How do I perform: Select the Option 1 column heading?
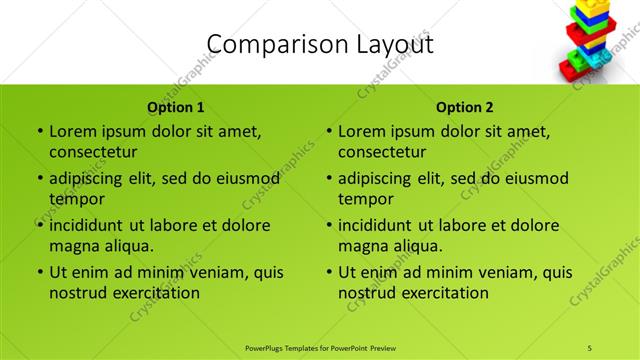pyautogui.click(x=176, y=107)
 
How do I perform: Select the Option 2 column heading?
pyautogui.click(x=465, y=107)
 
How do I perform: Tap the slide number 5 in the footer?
pyautogui.click(x=589, y=347)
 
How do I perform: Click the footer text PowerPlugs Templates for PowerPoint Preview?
pyautogui.click(x=320, y=347)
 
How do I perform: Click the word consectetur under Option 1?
pyautogui.click(x=93, y=152)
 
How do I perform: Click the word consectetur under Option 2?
pyautogui.click(x=382, y=152)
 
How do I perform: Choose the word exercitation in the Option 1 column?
pyautogui.click(x=156, y=293)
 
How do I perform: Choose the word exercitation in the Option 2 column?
pyautogui.click(x=445, y=293)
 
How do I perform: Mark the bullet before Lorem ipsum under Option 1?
pyautogui.click(x=38, y=131)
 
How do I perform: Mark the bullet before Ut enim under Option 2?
pyautogui.click(x=327, y=272)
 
